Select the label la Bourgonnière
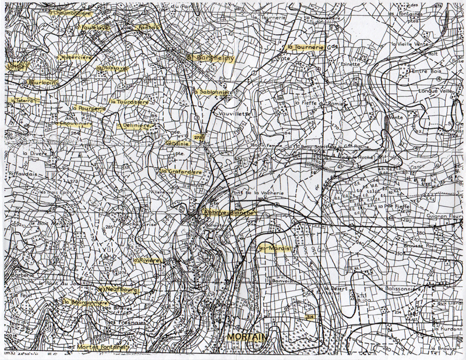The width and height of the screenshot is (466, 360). click(85, 302)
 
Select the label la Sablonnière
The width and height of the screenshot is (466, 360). click(213, 92)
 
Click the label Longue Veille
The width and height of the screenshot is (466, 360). click(417, 90)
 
